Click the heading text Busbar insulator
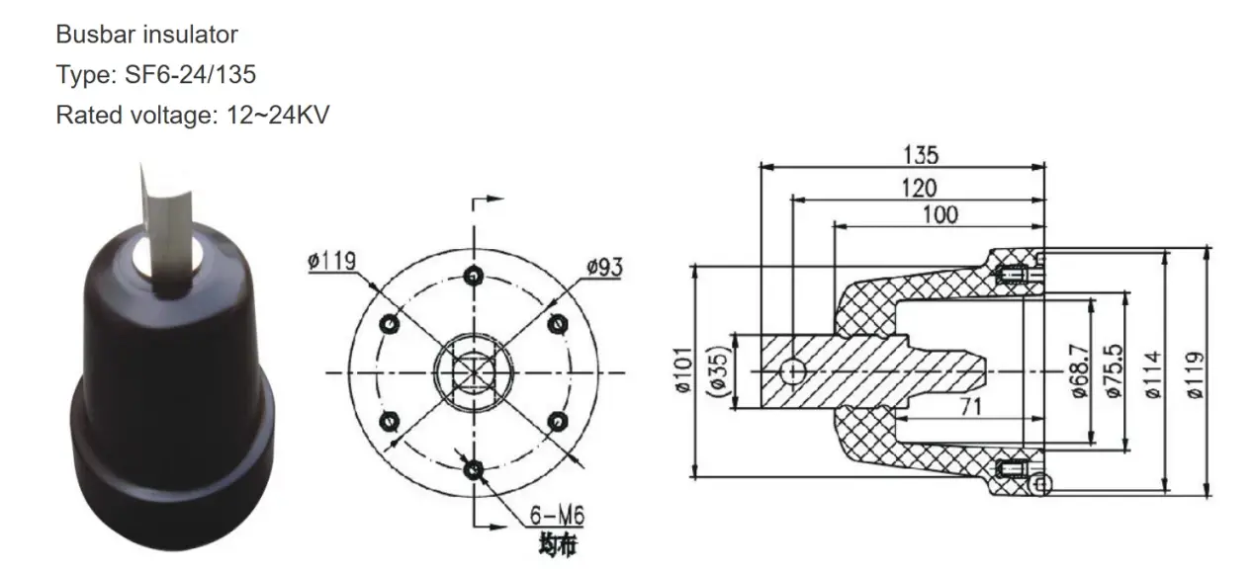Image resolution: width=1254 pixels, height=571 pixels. [146, 35]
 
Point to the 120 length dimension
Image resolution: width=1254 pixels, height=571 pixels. [918, 187]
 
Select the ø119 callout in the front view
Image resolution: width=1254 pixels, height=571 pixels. [332, 263]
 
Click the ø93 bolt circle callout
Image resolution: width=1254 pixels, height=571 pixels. [604, 267]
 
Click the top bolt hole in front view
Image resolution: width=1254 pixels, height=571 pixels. [475, 274]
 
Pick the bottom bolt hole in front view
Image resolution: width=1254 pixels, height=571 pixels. [475, 469]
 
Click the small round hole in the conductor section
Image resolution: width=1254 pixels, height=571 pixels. [793, 371]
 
